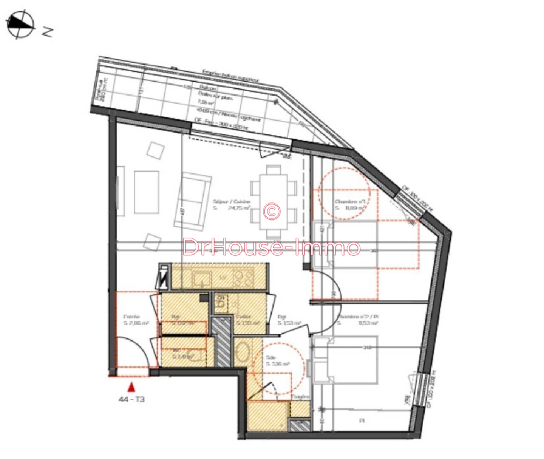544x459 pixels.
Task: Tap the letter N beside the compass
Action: coord(47,32)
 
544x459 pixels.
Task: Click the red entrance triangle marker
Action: coord(131,387)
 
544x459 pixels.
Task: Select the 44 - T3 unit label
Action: coord(131,399)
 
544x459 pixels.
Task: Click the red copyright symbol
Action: coord(272,211)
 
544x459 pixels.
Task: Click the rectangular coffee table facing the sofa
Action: coord(147,192)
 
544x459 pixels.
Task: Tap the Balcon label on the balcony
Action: coord(208,88)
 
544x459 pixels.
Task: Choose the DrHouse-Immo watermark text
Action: coord(271,247)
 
